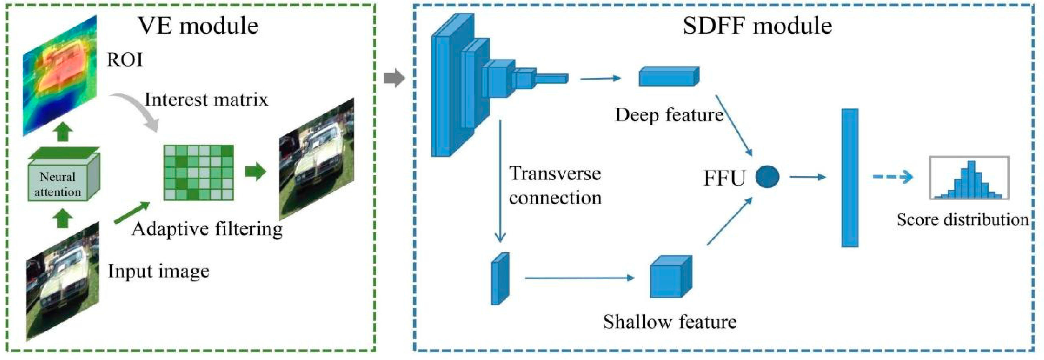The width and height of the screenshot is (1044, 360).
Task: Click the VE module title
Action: pos(198,26)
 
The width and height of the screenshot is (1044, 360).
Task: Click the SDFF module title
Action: pos(757,26)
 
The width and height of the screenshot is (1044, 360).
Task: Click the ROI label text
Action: pos(124,60)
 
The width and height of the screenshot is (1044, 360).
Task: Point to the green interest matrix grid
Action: pos(199,172)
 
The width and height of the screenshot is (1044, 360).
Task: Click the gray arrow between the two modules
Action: pos(394,78)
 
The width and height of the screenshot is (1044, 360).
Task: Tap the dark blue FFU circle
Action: pos(767,177)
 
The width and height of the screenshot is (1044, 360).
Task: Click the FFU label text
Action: pos(725,178)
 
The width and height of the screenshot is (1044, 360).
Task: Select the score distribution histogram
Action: pos(969,178)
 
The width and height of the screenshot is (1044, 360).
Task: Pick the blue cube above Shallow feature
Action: pos(671,277)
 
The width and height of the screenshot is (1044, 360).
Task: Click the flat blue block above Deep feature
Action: pos(669,76)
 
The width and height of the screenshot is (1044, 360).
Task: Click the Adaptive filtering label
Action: pos(207,229)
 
